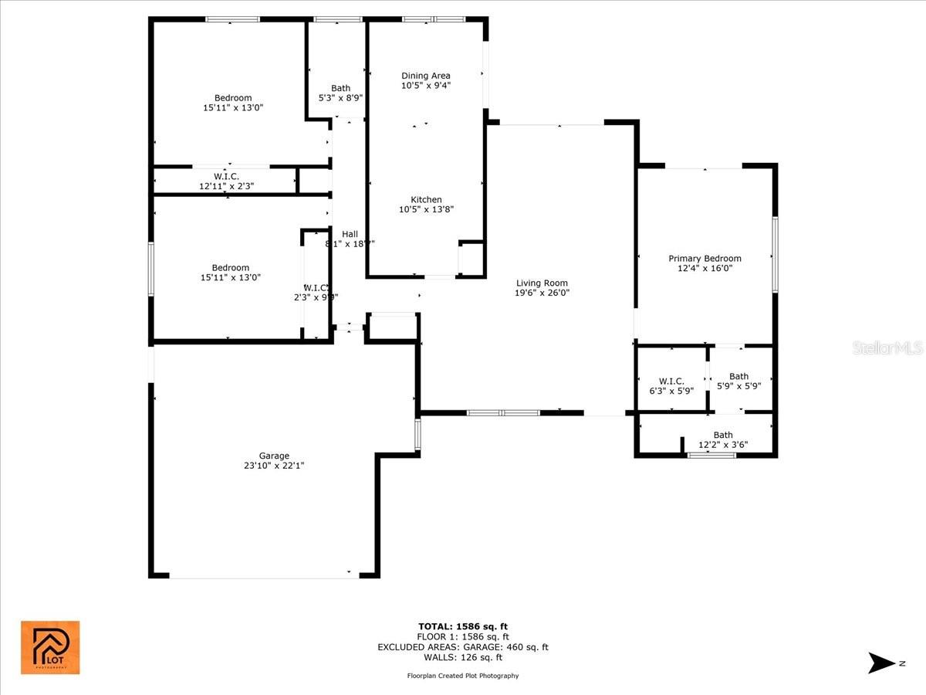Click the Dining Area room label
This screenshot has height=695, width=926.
tap(426, 76)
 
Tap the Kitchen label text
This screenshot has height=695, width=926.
tap(426, 200)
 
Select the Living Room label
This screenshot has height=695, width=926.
tap(542, 283)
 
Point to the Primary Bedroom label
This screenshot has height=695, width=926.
tap(705, 259)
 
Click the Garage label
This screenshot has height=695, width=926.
tap(274, 456)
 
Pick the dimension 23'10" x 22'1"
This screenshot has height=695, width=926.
tap(274, 466)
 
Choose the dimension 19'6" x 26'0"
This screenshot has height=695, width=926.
tap(542, 293)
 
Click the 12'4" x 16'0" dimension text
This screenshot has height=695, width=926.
tap(705, 269)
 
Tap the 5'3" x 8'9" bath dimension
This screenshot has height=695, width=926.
tap(340, 98)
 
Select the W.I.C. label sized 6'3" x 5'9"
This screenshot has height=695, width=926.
tap(671, 381)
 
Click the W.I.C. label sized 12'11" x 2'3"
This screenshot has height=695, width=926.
tap(226, 177)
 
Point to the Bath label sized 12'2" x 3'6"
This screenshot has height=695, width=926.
tap(723, 436)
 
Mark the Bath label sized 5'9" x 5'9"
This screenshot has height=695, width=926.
tap(738, 377)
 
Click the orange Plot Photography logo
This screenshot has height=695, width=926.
tap(50, 647)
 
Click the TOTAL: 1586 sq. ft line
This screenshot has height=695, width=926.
tap(463, 626)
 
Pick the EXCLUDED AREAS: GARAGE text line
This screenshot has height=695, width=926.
tap(463, 647)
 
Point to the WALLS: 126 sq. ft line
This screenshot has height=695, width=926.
tap(463, 658)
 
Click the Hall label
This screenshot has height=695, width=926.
tap(350, 234)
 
